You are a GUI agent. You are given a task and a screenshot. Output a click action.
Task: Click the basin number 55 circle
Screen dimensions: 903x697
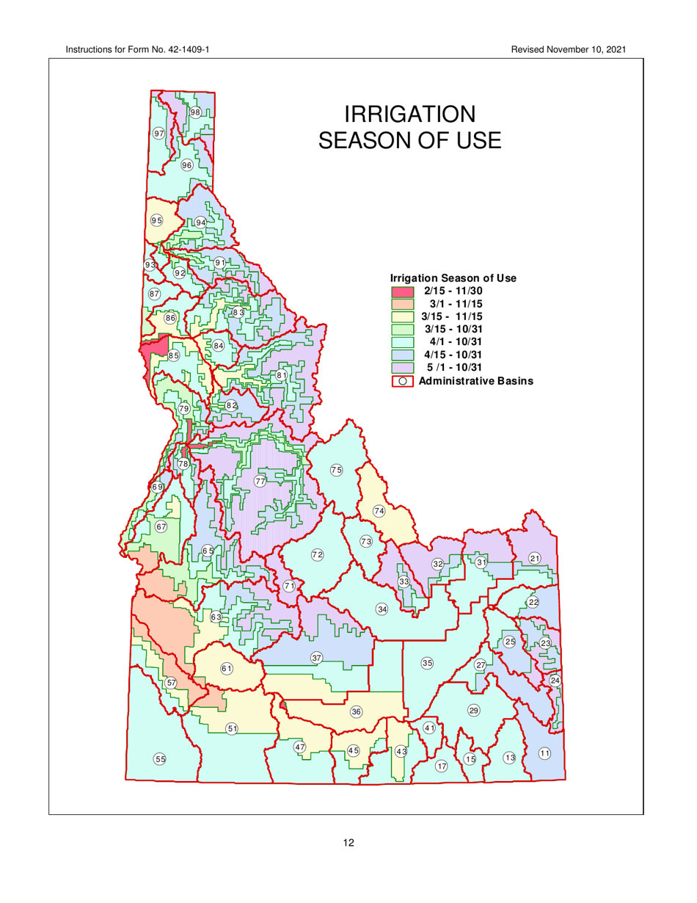pyautogui.click(x=159, y=758)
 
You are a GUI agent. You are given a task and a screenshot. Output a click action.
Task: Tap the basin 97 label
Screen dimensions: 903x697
pyautogui.click(x=158, y=134)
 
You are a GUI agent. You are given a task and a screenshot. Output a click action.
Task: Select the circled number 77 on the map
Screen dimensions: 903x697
pyautogui.click(x=260, y=481)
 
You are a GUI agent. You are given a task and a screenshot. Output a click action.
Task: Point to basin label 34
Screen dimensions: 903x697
pyautogui.click(x=382, y=609)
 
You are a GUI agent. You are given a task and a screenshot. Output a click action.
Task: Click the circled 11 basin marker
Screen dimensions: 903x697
pyautogui.click(x=544, y=753)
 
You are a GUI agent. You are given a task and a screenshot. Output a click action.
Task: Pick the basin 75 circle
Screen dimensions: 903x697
pyautogui.click(x=336, y=470)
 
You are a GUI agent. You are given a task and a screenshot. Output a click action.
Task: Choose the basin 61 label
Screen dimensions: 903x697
pyautogui.click(x=227, y=668)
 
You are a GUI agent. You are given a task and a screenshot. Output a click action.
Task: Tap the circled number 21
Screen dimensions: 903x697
pyautogui.click(x=535, y=559)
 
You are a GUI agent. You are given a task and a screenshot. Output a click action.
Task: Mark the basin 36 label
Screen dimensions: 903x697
pyautogui.click(x=356, y=711)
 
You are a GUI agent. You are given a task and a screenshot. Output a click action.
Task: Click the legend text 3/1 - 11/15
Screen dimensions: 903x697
pyautogui.click(x=459, y=304)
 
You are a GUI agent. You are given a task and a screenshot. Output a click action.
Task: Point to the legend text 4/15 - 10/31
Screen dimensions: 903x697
pyautogui.click(x=459, y=354)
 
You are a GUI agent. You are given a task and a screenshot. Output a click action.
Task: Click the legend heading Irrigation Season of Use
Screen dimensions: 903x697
pyautogui.click(x=453, y=278)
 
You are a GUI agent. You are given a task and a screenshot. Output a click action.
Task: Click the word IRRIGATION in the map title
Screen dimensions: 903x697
pyautogui.click(x=409, y=115)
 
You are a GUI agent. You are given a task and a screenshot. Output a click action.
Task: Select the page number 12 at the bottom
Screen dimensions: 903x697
pyautogui.click(x=348, y=843)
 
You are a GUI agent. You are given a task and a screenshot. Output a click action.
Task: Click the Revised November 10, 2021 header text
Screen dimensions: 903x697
pyautogui.click(x=570, y=49)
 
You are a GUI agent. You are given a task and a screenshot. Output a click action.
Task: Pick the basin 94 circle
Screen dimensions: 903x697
pyautogui.click(x=200, y=222)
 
